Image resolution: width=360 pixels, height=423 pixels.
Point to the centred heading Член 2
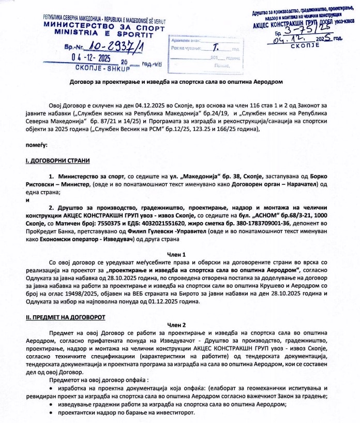(179, 324)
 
